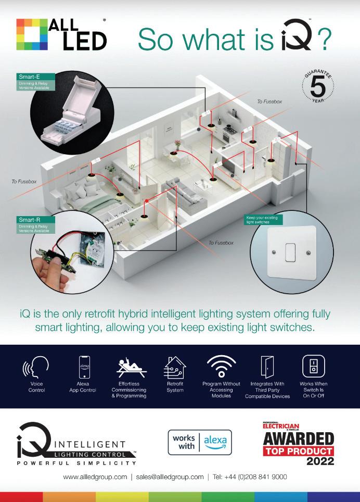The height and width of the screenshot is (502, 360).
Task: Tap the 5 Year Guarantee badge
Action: coord(318,86)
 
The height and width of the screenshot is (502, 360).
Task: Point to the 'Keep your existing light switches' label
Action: coord(263,220)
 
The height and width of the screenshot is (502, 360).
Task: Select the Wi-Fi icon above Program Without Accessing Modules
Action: coord(222,367)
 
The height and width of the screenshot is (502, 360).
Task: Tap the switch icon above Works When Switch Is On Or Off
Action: coord(313,367)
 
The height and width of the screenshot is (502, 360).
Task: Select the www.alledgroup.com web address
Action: coord(95,477)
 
